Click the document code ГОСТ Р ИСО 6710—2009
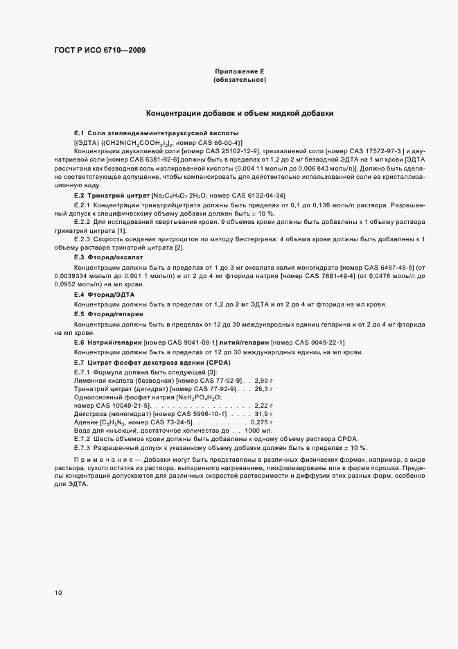[99, 50]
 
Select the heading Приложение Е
[240, 71]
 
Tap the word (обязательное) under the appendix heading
[240, 80]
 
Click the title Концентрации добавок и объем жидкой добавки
[240, 112]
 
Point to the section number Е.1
[79, 132]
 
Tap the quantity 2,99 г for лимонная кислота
[265, 380]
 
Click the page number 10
[58, 593]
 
